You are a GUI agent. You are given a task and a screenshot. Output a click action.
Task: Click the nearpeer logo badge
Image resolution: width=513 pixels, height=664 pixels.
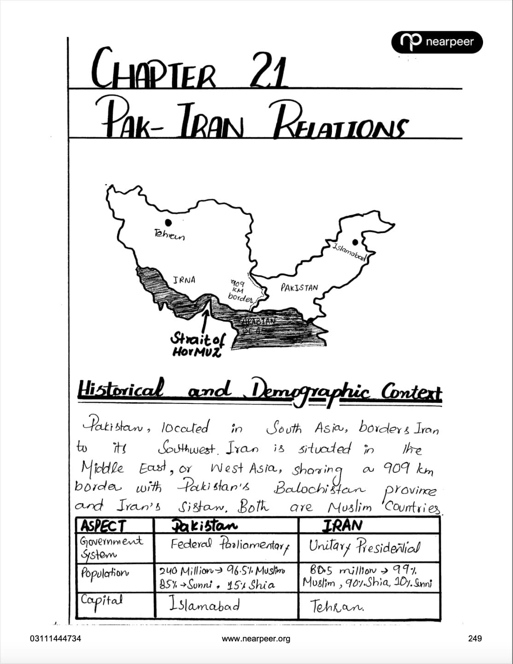pos(437,42)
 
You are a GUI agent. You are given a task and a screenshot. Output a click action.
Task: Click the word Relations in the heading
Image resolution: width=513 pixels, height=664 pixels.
pos(340,123)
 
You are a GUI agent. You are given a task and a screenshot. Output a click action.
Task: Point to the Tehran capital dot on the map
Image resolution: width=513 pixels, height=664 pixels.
pos(169,223)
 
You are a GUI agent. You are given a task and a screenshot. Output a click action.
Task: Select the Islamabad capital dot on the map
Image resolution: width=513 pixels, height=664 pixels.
pos(356,242)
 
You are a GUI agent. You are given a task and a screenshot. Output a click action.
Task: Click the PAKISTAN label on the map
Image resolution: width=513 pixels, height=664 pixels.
pos(299,288)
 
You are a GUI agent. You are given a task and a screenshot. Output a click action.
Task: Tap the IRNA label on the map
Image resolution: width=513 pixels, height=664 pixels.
pos(184,280)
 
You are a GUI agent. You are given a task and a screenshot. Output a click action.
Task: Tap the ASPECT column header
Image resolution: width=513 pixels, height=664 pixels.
pos(103,526)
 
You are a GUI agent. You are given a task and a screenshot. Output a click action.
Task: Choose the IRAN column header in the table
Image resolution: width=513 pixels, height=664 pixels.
pos(342,525)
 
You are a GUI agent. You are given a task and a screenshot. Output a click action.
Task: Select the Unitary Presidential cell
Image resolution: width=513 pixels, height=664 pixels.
pos(364,547)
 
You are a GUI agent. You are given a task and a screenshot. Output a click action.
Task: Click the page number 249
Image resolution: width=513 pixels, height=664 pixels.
pos(474,639)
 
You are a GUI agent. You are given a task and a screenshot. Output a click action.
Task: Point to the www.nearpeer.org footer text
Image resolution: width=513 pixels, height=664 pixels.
pos(256,639)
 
